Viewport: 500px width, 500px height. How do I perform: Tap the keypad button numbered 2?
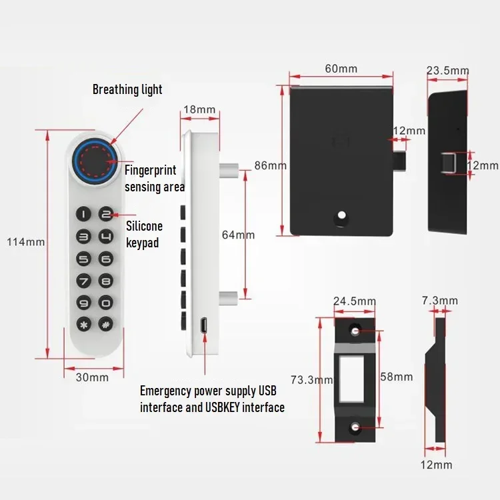coord(106,214)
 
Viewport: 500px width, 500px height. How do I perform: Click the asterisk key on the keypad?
coord(84,324)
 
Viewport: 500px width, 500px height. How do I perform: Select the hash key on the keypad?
coord(106,324)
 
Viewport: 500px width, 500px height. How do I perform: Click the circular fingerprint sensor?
coord(95,160)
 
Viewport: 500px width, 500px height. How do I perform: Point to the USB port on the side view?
coord(203,326)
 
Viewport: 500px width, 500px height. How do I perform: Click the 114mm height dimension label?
coord(26,242)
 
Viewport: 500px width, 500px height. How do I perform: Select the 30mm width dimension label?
coord(91,377)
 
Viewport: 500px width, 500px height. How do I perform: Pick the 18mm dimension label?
coord(199,109)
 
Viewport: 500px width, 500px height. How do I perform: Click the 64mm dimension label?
coord(238,235)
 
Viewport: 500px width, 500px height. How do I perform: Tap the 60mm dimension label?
coord(341,69)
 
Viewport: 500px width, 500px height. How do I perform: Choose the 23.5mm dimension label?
coord(447,71)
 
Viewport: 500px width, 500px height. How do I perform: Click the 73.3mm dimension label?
coord(311,380)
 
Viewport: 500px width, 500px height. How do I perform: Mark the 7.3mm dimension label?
coord(439,301)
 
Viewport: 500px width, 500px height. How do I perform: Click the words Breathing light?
coord(127,89)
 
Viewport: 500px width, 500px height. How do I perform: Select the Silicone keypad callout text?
coord(143,235)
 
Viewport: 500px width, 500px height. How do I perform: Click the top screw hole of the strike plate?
coord(355,330)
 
